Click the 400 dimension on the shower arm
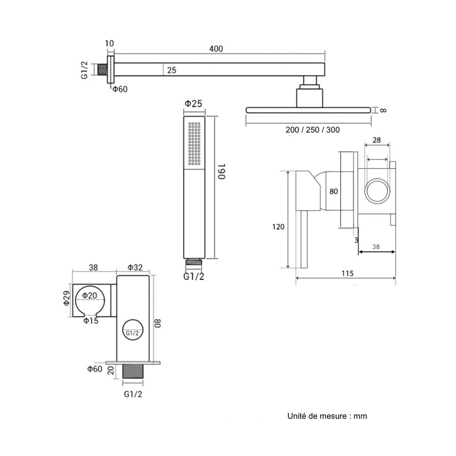(216, 49)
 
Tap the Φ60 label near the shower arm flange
(120, 89)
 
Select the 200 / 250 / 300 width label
(312, 130)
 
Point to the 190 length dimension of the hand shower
(221, 171)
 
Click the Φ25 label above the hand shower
(193, 104)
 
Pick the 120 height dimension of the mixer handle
(278, 227)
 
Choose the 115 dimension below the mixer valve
(347, 274)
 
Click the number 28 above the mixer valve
(377, 140)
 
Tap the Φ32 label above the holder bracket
(135, 268)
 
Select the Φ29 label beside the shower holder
(67, 298)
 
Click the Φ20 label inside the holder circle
(89, 295)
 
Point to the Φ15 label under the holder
(91, 321)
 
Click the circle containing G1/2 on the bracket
(133, 330)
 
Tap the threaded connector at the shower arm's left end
(103, 70)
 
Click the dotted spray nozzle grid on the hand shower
(194, 143)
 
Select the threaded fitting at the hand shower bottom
(194, 262)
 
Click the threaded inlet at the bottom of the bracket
(133, 372)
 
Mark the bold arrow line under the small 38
(377, 252)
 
